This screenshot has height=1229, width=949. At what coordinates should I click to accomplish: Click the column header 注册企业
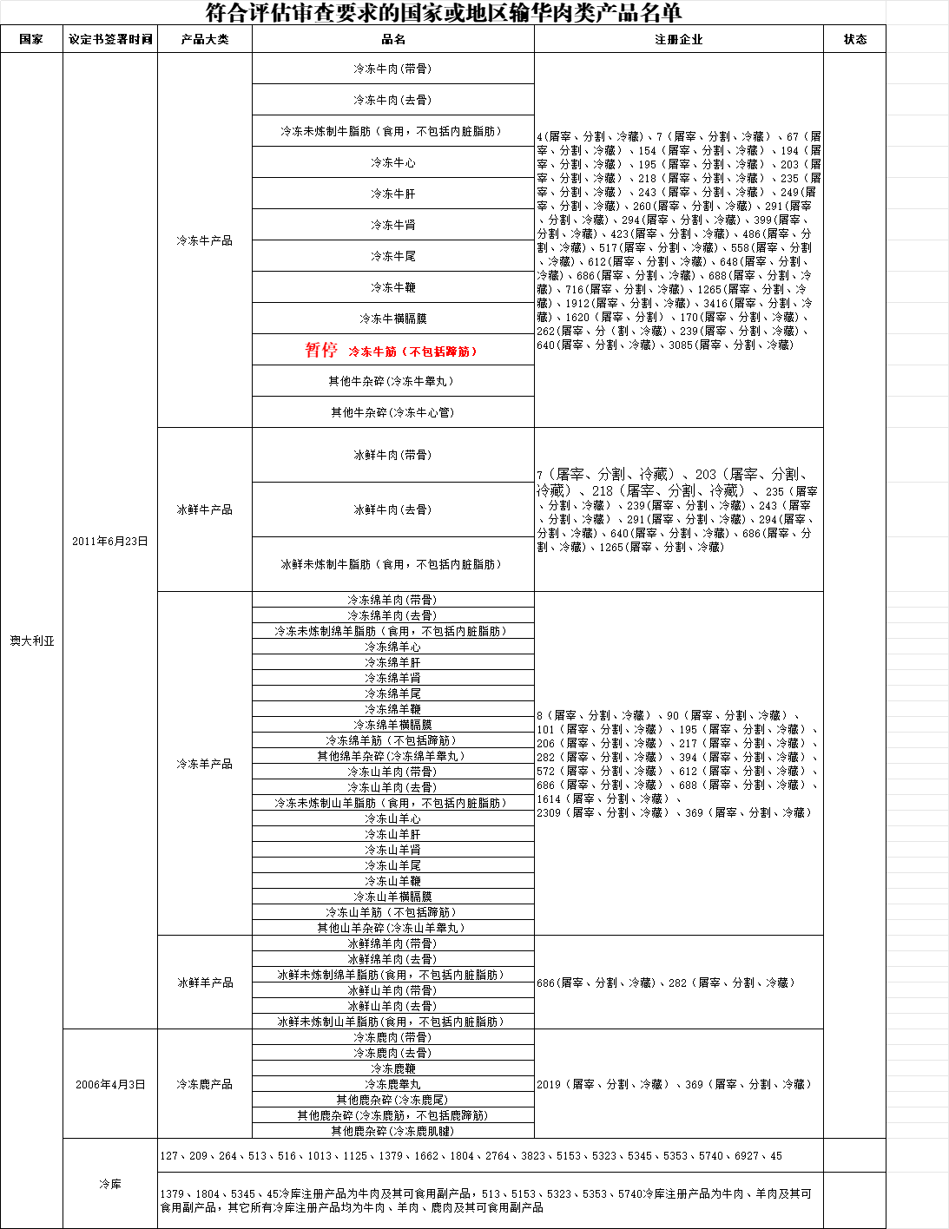click(678, 39)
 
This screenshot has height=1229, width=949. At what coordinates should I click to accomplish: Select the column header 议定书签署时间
click(110, 39)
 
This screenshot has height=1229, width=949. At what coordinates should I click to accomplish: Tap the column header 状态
click(854, 39)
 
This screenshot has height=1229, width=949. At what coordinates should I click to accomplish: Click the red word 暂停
click(320, 350)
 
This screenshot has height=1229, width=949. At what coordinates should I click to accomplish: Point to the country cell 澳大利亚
click(32, 641)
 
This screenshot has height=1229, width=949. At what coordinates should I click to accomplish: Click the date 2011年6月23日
click(110, 541)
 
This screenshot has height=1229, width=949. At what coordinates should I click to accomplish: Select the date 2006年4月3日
click(110, 1084)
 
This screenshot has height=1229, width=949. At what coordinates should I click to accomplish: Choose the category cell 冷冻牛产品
click(205, 240)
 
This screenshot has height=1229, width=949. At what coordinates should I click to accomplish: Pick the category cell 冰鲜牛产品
click(205, 509)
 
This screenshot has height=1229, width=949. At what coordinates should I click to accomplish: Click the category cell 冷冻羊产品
click(205, 764)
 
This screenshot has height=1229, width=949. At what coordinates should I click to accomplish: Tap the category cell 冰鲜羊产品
click(205, 983)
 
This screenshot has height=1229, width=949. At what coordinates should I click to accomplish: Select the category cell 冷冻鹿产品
click(205, 1084)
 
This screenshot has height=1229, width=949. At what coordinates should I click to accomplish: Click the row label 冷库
click(110, 1184)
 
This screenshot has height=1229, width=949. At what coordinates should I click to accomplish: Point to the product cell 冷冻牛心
click(392, 162)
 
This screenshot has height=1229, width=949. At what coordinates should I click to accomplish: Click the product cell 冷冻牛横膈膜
click(392, 319)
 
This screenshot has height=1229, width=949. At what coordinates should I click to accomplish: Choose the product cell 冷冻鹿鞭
click(392, 1068)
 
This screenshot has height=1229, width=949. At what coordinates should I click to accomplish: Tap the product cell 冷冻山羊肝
click(392, 834)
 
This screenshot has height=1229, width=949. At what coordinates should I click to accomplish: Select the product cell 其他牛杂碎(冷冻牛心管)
click(392, 412)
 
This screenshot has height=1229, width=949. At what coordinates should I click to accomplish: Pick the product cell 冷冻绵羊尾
click(392, 693)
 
